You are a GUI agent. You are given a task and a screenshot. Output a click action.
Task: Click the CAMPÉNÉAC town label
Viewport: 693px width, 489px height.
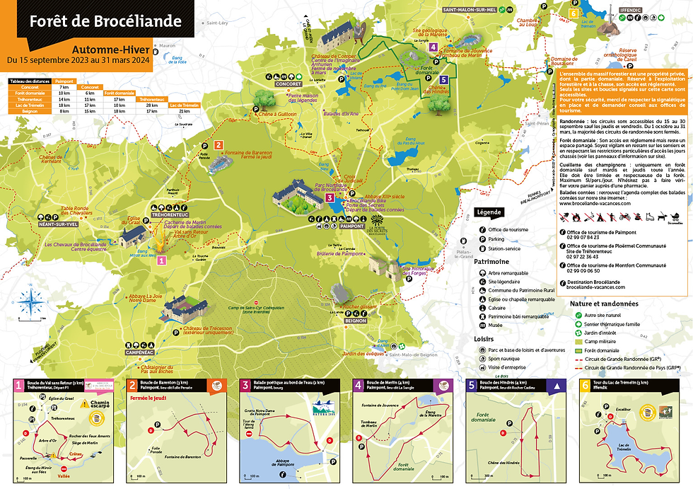140,351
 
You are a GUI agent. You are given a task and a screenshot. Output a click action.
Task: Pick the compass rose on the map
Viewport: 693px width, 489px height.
30,302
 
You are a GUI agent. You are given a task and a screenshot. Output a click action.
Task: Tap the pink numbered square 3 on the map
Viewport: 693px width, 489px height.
330,199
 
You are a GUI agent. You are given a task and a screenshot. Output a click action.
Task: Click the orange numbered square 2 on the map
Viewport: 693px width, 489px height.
219,145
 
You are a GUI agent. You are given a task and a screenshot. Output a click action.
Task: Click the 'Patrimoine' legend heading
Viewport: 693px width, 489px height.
491,261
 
